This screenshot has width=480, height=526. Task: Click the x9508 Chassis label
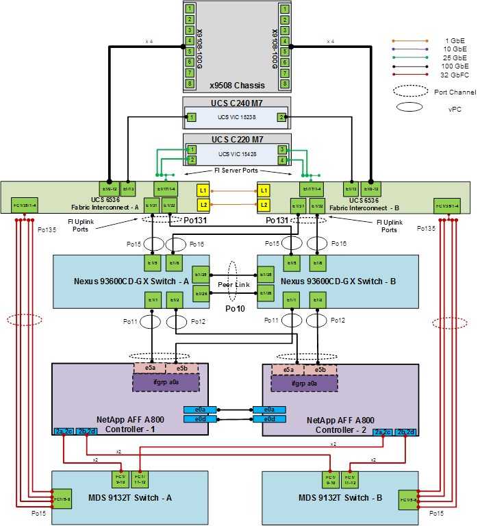[236, 86]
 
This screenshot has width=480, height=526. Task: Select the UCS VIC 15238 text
[236, 118]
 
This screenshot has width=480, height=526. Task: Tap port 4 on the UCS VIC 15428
[281, 160]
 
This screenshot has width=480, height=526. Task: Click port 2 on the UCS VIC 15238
[281, 118]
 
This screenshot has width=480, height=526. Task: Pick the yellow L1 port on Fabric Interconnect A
[202, 190]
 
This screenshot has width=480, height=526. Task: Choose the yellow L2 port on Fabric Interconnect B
[264, 205]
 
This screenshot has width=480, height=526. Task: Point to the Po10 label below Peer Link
[236, 309]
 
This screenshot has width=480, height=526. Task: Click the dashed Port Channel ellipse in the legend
[411, 90]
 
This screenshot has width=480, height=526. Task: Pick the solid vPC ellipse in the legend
[411, 106]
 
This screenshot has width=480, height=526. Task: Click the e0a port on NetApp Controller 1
[195, 410]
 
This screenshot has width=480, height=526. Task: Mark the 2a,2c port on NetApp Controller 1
[64, 431]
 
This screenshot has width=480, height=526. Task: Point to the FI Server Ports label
[236, 169]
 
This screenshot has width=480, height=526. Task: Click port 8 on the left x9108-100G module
[190, 83]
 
